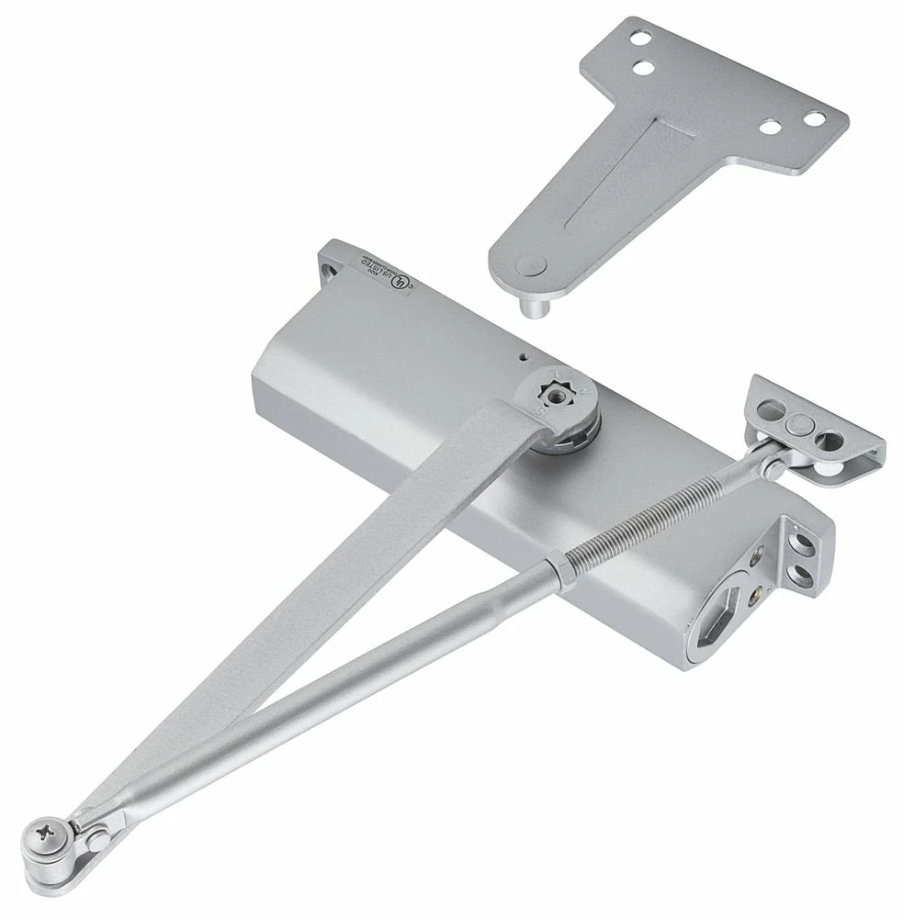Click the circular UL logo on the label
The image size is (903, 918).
point(398,285)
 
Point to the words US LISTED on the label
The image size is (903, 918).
point(379,273)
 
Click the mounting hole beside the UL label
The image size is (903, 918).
point(330,268)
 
